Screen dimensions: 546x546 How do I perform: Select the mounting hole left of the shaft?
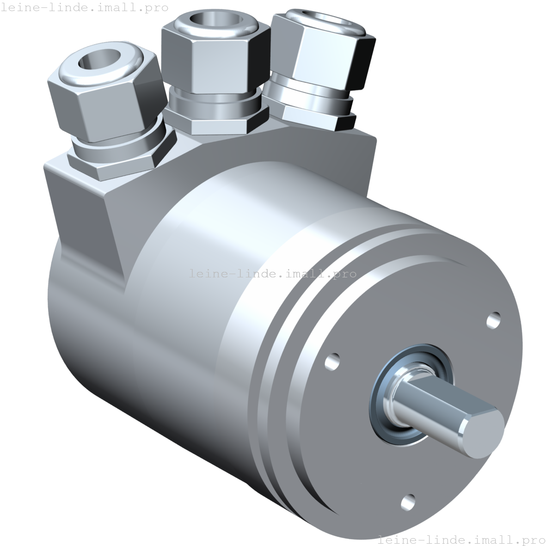(332, 361)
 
